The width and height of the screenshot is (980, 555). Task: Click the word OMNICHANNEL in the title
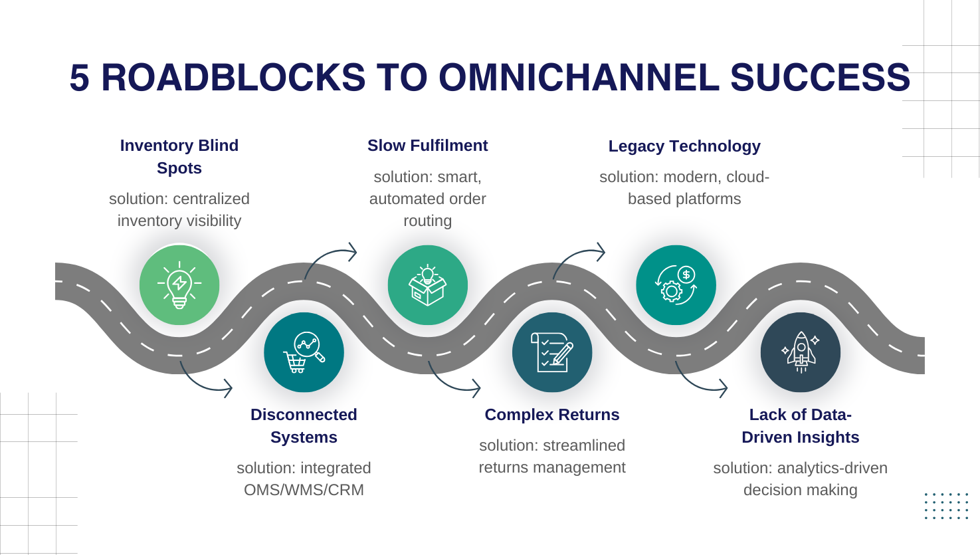coord(579,78)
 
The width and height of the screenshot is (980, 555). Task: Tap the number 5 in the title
coord(79,78)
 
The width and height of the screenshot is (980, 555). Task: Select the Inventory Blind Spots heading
coord(179,157)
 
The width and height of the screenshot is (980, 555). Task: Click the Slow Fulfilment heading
coord(427,146)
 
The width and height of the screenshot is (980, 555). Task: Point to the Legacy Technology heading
coord(684,146)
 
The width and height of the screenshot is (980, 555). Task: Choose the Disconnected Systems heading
coord(304,426)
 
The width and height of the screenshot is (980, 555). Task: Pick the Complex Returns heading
coord(552,415)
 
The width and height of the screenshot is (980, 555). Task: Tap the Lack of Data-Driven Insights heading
coord(800,426)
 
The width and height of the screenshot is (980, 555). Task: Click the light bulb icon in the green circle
coord(179,285)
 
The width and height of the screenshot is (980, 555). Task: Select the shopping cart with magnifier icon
coord(304,352)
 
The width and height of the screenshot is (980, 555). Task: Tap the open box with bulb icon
coord(428,285)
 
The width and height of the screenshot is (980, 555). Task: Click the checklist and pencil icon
coord(552,352)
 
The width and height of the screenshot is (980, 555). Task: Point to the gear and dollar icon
coord(676,285)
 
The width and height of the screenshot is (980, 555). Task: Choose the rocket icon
coord(801,352)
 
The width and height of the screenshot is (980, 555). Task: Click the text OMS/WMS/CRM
coord(304,490)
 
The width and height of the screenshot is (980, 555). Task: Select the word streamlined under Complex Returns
coord(584,445)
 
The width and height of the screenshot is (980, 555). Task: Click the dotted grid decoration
coord(946,506)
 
